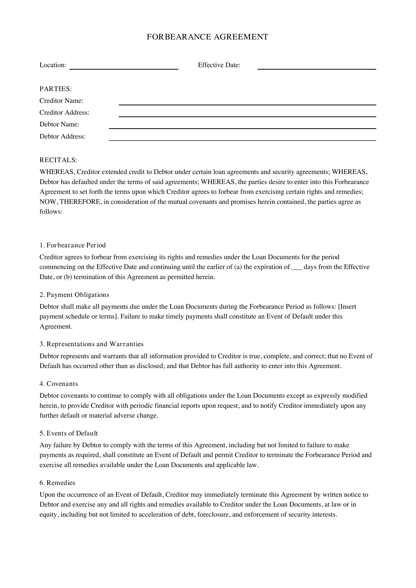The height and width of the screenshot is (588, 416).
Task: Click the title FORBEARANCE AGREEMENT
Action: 207,37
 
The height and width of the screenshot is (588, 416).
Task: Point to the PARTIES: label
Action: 56,89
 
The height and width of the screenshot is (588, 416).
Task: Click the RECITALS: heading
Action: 58,160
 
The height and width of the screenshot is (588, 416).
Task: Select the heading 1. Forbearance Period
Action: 72,245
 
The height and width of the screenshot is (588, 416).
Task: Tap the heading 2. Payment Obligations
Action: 74,295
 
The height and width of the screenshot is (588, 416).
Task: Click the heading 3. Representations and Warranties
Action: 92,344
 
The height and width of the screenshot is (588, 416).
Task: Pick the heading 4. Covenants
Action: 59,384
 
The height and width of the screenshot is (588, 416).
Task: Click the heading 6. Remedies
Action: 57,483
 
